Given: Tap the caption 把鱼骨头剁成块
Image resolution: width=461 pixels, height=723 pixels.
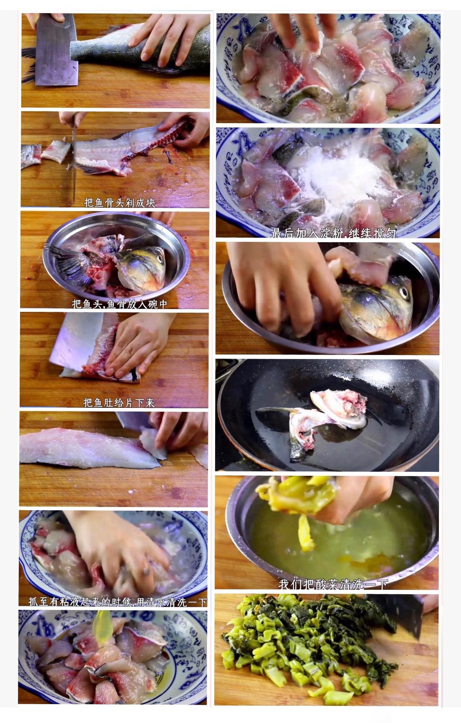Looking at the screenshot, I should tap(120, 203).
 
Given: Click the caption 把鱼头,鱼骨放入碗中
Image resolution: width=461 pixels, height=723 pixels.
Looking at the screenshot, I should tap(120, 304).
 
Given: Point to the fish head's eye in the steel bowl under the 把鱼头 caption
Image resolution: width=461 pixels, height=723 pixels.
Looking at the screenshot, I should tap(160, 259).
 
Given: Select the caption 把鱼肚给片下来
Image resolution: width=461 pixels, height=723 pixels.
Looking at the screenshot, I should tap(119, 402).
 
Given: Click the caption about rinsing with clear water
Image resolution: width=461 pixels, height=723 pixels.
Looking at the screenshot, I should tap(117, 602).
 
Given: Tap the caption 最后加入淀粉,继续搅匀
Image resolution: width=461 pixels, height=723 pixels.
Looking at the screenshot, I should tap(333, 233).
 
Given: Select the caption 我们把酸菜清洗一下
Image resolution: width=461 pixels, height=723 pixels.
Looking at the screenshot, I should tap(333, 584).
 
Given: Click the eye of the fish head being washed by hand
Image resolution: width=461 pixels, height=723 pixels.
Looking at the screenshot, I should tap(403, 292).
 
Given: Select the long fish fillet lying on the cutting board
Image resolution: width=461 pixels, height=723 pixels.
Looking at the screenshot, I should tap(85, 448).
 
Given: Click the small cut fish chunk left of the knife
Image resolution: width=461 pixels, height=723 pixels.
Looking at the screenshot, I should tap(55, 152).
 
